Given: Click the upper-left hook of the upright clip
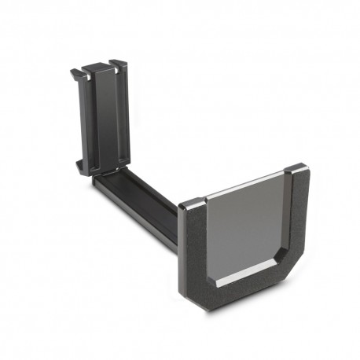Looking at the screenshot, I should tap(76, 74).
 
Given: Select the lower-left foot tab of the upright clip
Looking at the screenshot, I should tap(79, 166).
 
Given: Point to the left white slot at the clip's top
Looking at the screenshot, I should tap(90, 73).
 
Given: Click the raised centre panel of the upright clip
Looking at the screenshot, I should tap(102, 118).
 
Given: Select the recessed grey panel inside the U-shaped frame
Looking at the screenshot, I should tap(244, 228).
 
